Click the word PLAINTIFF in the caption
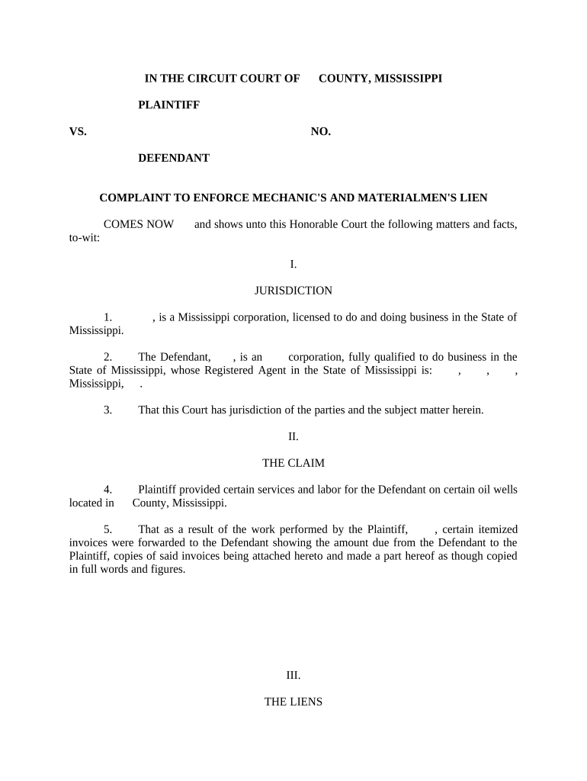pyautogui.click(x=168, y=105)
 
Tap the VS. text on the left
pyautogui.click(x=78, y=132)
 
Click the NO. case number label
pyautogui.click(x=321, y=132)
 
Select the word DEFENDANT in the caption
pyautogui.click(x=174, y=159)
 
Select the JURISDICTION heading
pyautogui.click(x=293, y=291)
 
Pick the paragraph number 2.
pyautogui.click(x=108, y=357)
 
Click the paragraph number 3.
pyautogui.click(x=108, y=410)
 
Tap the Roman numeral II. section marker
pyautogui.click(x=293, y=437)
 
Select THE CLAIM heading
pyautogui.click(x=293, y=463)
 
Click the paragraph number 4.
pyautogui.click(x=108, y=490)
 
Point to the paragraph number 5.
pyautogui.click(x=108, y=529)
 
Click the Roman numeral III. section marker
pyautogui.click(x=293, y=676)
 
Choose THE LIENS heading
pyautogui.click(x=293, y=702)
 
